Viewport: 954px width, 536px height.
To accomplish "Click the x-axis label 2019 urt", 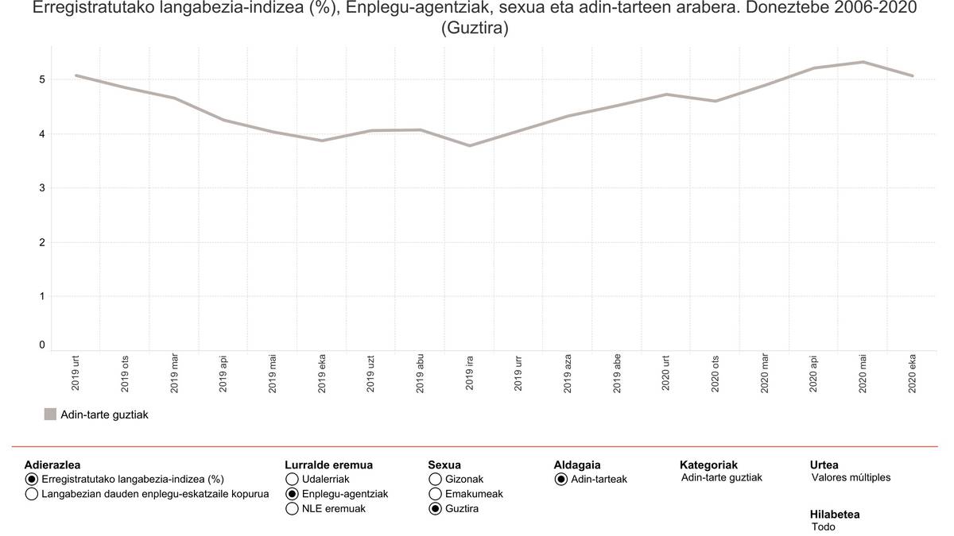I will tap(76, 373).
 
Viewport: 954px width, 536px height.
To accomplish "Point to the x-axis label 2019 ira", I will tap(470, 373).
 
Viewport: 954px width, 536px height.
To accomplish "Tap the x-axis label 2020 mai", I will tap(863, 373).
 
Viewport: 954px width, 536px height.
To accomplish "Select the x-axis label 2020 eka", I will tap(913, 373).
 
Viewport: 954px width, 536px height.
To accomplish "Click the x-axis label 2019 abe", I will tap(618, 373).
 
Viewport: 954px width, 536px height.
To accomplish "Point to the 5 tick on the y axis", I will tap(42, 80).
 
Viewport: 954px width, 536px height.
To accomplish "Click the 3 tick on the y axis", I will tap(42, 188).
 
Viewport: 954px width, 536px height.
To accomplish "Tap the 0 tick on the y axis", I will tap(42, 345).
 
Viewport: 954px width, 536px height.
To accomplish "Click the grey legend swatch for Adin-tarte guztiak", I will tap(50, 415).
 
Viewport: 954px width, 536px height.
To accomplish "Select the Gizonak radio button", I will tap(436, 480).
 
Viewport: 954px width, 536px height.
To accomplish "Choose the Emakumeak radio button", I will tap(436, 495).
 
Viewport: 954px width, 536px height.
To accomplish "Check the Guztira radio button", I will tap(436, 510).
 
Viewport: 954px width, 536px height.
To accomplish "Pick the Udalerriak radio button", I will tap(292, 480).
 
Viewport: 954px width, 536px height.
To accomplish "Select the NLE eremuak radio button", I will tap(292, 510).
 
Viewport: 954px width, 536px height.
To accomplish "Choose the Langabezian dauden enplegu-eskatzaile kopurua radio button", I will tap(32, 495).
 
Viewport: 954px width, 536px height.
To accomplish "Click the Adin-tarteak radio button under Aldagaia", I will tap(561, 480).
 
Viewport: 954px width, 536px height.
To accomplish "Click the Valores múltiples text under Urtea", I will tap(851, 478).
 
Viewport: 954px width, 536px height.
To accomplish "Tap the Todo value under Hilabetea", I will tap(824, 527).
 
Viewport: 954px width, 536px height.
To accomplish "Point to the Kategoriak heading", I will tap(708, 465).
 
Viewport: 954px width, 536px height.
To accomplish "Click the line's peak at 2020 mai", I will tap(863, 62).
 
